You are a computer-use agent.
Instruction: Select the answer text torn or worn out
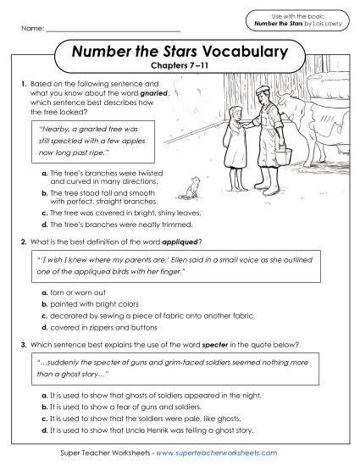point(77,291)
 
